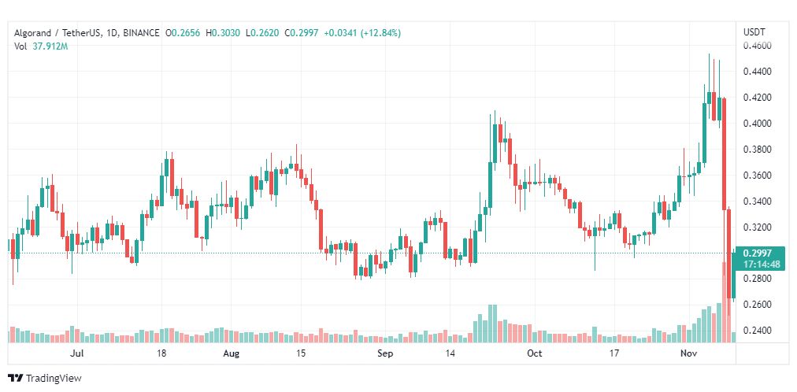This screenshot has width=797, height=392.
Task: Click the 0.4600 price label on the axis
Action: pos(758,46)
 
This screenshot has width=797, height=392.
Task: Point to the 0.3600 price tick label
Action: pos(758,176)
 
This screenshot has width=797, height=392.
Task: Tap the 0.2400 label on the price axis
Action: pos(758,331)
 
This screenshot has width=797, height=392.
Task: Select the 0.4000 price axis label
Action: pos(758,124)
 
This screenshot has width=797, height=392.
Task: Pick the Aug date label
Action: pos(232,353)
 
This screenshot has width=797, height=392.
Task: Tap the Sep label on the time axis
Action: pos(385,353)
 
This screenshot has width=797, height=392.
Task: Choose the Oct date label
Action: pos(535,353)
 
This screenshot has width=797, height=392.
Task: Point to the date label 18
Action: pos(161,353)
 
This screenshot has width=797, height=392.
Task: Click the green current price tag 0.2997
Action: pos(757,253)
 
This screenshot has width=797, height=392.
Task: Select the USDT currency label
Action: pos(754,31)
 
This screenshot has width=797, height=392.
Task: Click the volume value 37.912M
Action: pos(50,46)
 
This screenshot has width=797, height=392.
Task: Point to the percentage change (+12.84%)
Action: pos(380,33)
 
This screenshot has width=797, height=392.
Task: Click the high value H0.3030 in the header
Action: pos(223,33)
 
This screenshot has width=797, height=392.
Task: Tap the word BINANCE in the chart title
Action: pos(141,33)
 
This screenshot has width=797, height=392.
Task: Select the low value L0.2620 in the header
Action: pos(262,33)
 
